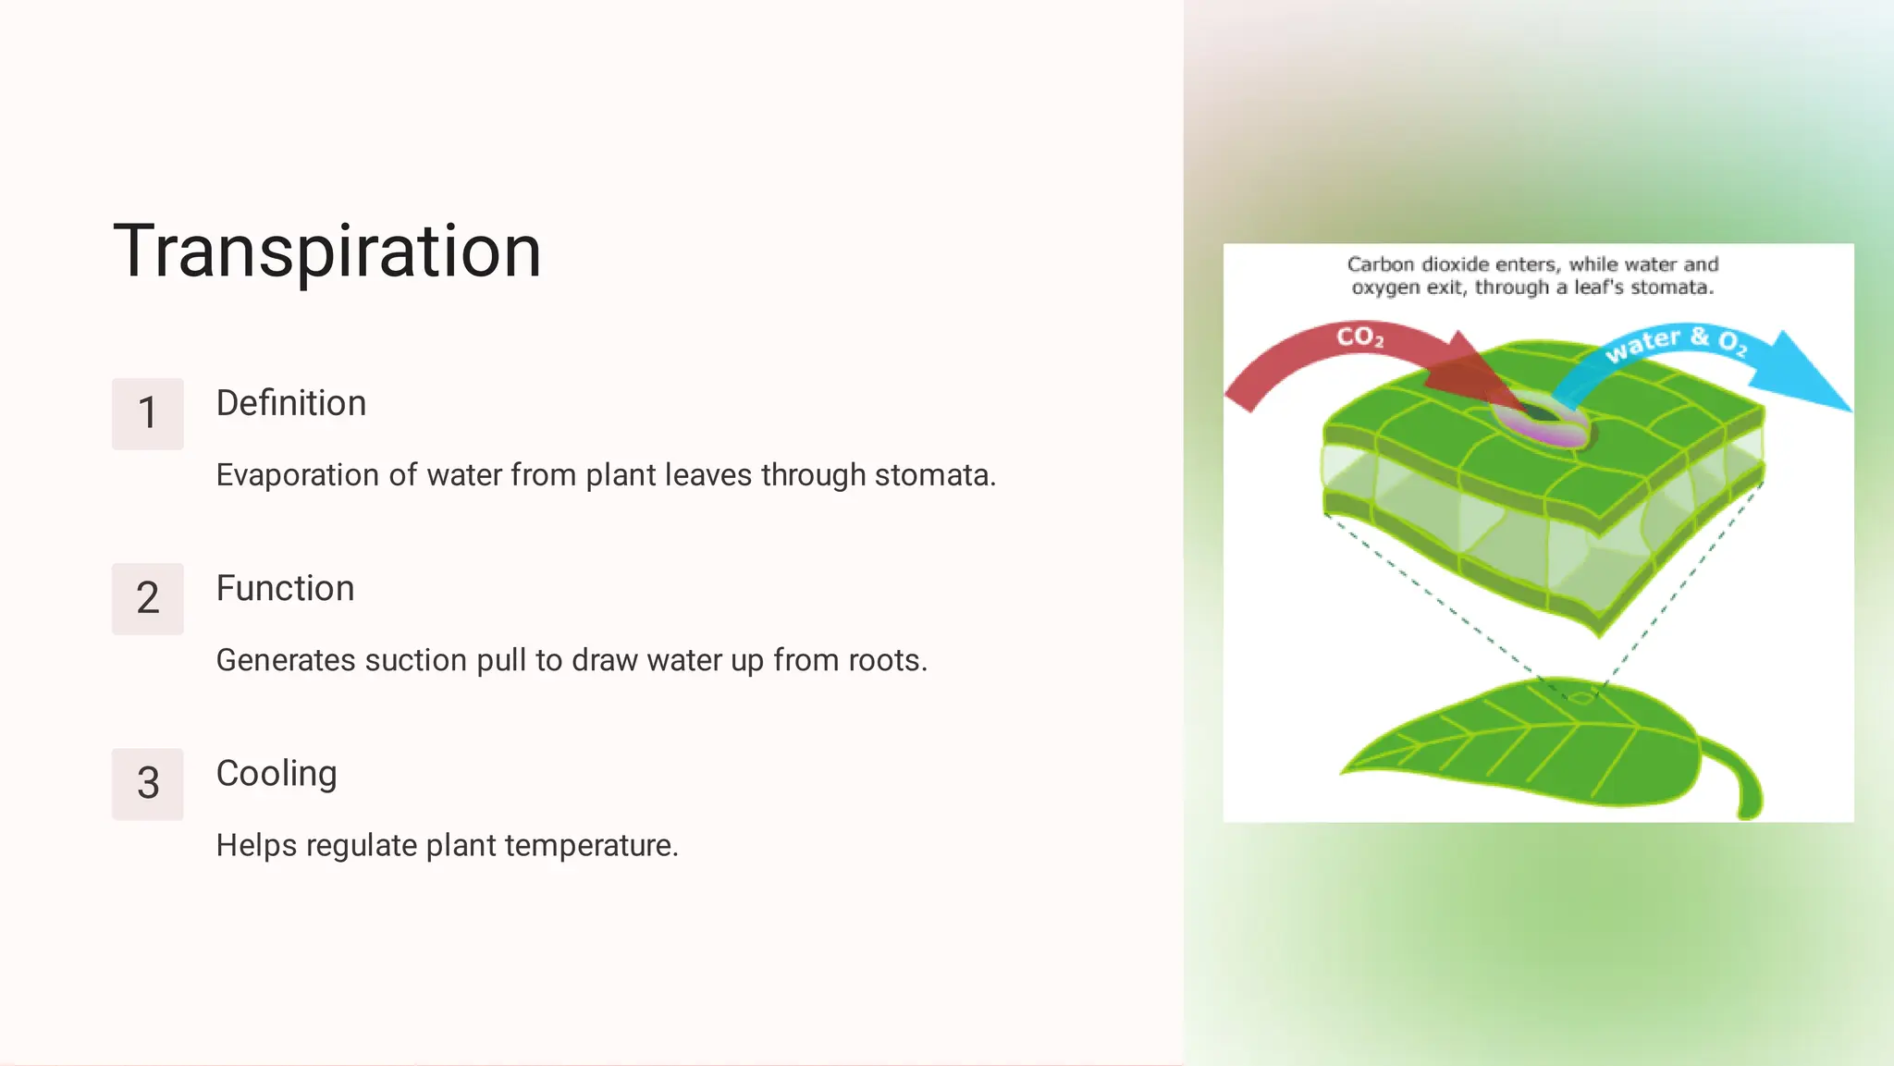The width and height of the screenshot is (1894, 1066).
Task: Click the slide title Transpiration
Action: pyautogui.click(x=326, y=251)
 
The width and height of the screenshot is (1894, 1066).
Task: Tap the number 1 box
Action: pyautogui.click(x=147, y=413)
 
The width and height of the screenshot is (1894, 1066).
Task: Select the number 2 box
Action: pyautogui.click(x=147, y=598)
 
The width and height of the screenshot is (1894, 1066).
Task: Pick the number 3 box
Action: pyautogui.click(x=147, y=783)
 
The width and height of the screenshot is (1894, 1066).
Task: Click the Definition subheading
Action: pyautogui.click(x=290, y=403)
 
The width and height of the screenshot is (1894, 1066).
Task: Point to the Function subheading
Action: pyautogui.click(x=285, y=588)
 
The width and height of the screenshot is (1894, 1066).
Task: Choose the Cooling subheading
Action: pyautogui.click(x=276, y=773)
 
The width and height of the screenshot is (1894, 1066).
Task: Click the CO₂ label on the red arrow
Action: pyautogui.click(x=1359, y=337)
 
